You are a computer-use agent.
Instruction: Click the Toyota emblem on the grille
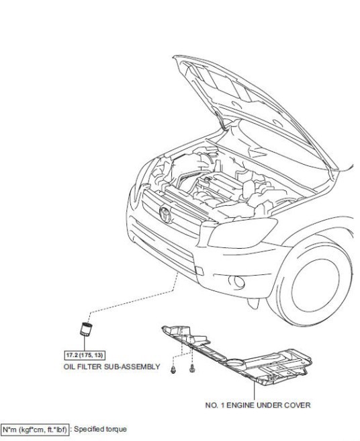165,214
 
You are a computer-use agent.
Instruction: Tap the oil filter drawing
86,329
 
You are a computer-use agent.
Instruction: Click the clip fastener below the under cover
173,369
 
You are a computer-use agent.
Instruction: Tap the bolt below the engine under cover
192,368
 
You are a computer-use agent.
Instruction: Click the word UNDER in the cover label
269,405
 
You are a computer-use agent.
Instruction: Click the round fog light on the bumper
238,282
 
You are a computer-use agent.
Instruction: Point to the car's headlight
242,233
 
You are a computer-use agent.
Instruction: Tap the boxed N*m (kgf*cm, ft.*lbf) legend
35,430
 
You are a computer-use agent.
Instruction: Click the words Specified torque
100,429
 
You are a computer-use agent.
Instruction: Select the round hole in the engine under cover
235,363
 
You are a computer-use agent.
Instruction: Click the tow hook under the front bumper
253,303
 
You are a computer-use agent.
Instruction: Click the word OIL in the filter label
69,367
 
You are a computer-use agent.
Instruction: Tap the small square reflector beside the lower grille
199,270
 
